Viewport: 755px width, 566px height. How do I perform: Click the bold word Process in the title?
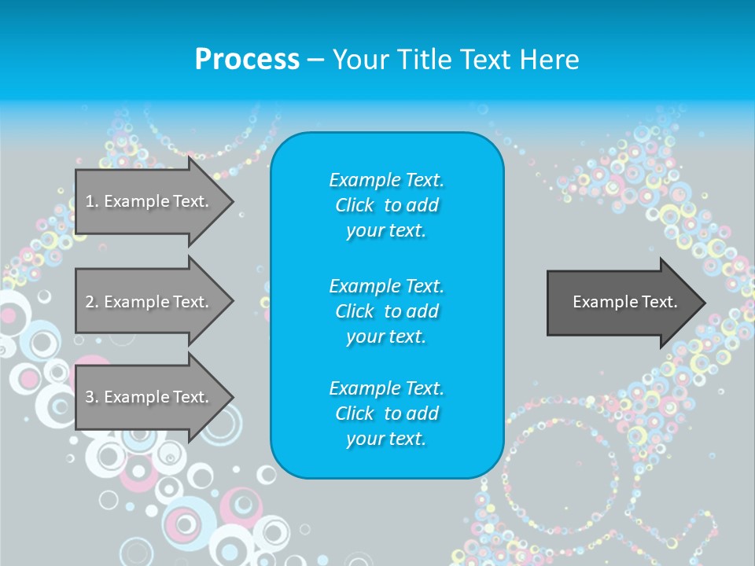[x=247, y=59]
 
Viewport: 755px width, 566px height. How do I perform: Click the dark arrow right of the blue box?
[x=621, y=303]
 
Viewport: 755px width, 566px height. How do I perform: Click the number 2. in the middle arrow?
[x=92, y=302]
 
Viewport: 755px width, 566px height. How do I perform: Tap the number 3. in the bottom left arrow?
[x=92, y=397]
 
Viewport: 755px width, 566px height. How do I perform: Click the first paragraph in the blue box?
[x=386, y=205]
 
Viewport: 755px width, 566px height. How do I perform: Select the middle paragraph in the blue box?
[x=386, y=311]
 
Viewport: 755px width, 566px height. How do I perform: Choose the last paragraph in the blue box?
[x=386, y=413]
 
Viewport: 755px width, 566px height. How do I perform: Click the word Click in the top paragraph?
[x=355, y=205]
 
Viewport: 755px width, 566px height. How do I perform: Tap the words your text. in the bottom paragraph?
[x=386, y=439]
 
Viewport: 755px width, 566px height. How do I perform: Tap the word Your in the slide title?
[x=359, y=59]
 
